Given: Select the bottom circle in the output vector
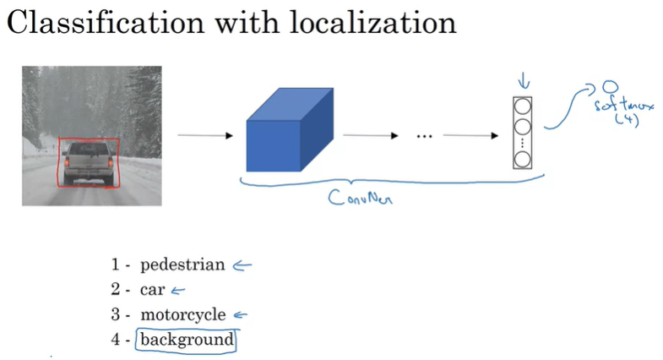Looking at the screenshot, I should point(523,159).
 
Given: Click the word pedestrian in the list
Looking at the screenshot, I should point(182,265).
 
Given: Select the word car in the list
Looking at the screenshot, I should point(152,290).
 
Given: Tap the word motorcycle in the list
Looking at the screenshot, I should point(182,315).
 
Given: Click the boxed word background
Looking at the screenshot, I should point(187,340).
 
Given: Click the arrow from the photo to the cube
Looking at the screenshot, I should point(204,134).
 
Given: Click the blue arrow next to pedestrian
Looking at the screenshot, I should point(242,265).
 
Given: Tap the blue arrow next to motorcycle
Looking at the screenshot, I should point(241,315).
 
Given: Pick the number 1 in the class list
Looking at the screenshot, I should point(115,265).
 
